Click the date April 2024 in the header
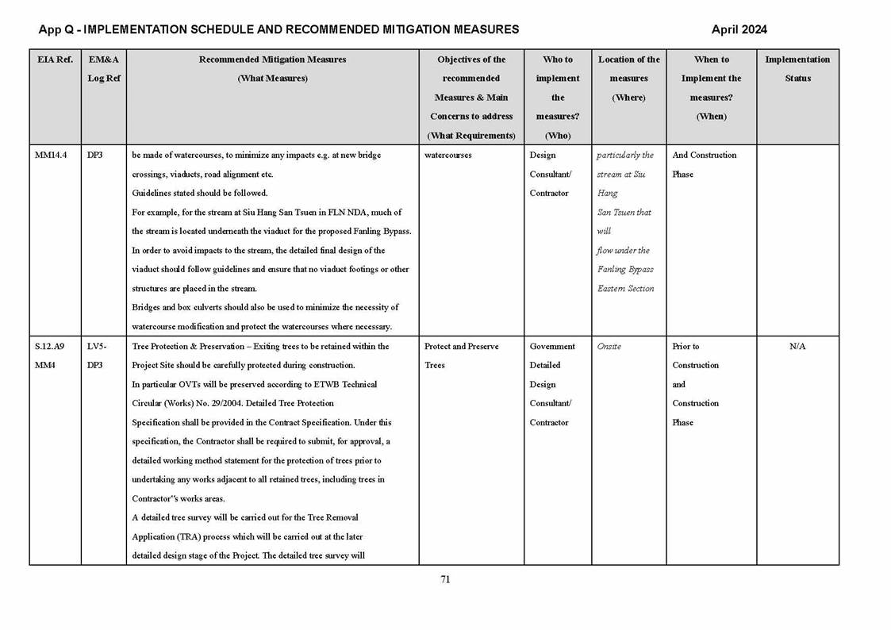point(739,29)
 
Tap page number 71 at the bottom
point(445,579)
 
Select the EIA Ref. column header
point(54,60)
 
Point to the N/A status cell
point(797,347)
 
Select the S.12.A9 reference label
point(50,347)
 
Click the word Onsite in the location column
point(609,347)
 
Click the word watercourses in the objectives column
point(448,156)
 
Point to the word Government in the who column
point(552,347)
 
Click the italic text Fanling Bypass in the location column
point(625,270)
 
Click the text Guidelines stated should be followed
point(200,194)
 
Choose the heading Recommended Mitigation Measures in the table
point(272,60)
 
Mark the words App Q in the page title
point(56,29)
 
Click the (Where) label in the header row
point(628,98)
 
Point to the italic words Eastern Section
point(625,289)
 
